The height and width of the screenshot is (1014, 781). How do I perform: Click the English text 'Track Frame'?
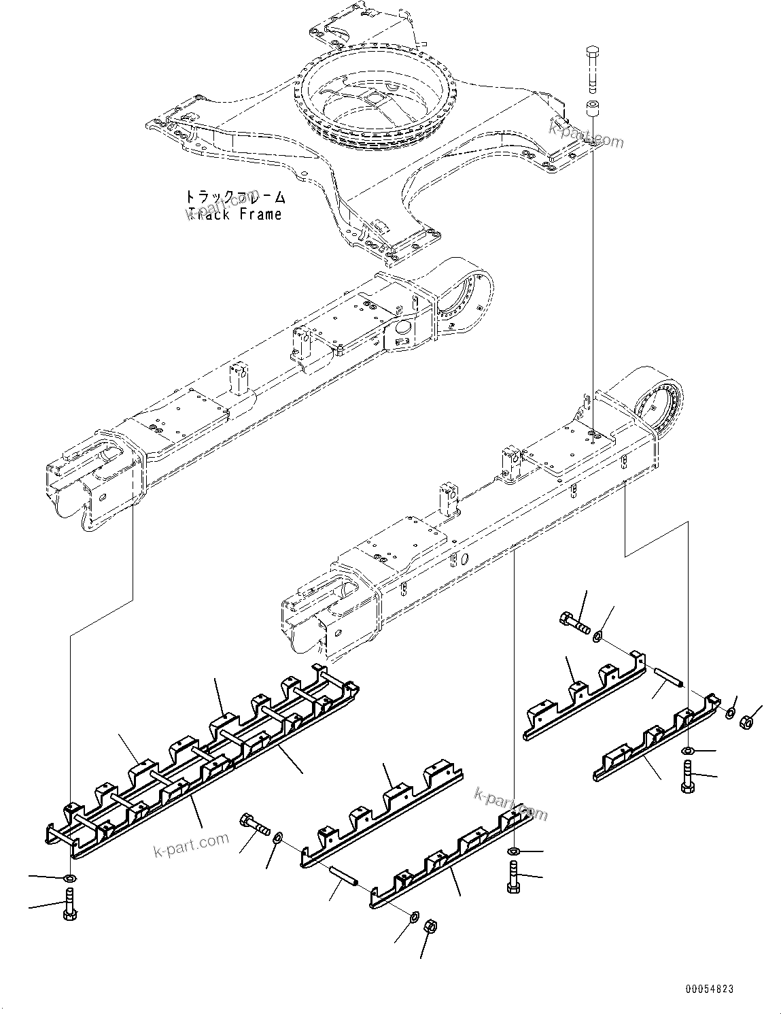235,214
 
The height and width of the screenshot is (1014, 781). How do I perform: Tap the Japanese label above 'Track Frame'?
235,197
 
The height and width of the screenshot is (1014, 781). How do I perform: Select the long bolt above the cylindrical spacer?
591,68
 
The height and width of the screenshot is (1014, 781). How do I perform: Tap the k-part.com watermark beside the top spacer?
587,137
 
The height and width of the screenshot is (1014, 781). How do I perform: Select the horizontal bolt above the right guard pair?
575,622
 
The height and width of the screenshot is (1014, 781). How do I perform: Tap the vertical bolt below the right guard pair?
687,777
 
